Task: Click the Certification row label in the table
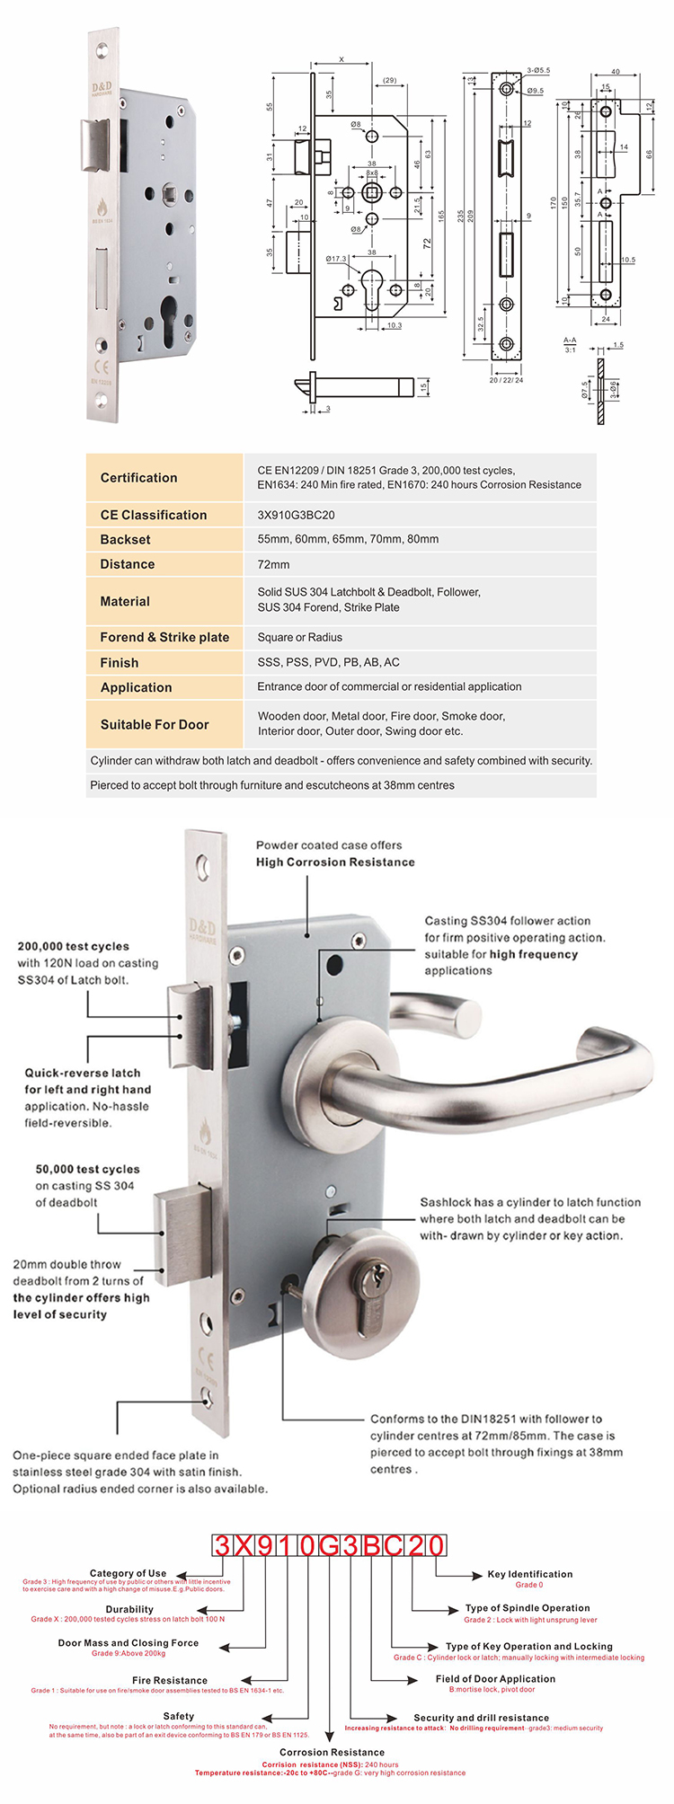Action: (138, 478)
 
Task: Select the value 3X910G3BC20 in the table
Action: (296, 515)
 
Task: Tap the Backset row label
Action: (125, 539)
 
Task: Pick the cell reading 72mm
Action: (273, 564)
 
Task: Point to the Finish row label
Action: (120, 662)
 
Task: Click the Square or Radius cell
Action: (299, 637)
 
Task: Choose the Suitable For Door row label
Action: (154, 724)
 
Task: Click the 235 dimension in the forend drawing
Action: (461, 216)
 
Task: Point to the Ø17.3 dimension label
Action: (336, 259)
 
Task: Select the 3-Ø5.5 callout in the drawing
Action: (538, 69)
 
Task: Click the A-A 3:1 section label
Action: (570, 344)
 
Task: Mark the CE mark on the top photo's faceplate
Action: (102, 367)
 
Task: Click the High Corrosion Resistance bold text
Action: (335, 862)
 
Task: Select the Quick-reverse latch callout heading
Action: (82, 1073)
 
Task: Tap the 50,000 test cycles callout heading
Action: (87, 1169)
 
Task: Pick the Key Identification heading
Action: (529, 1574)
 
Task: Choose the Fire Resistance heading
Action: (169, 1680)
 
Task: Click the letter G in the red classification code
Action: (329, 1545)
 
